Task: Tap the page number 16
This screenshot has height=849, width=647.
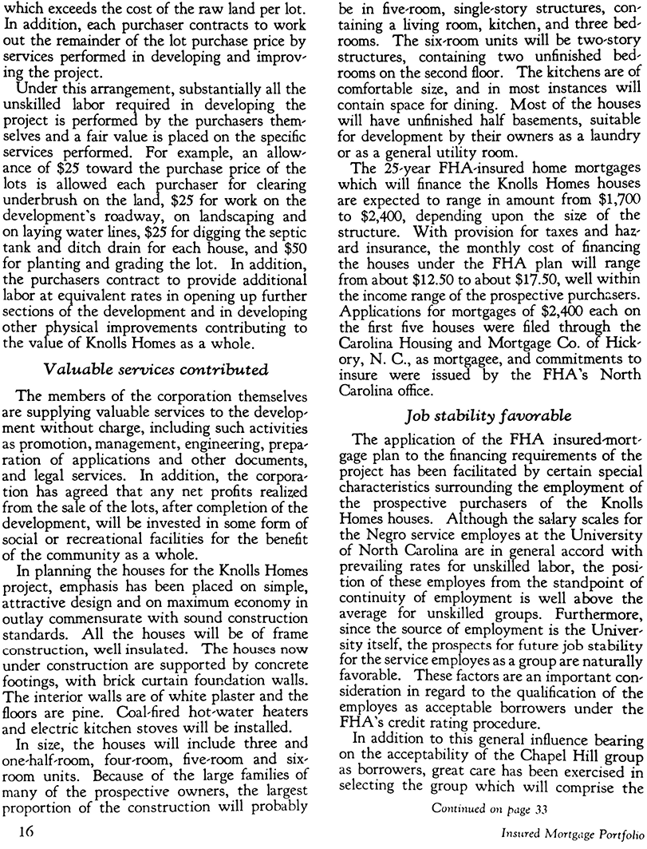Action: [17, 832]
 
